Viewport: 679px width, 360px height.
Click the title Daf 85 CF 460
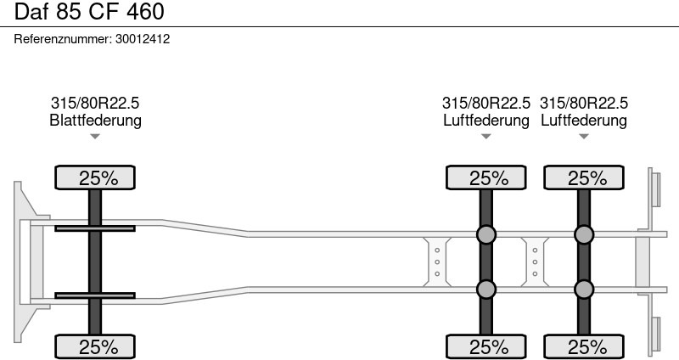pos(89,12)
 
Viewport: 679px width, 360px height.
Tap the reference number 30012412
pos(143,39)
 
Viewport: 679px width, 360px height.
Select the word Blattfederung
pos(95,120)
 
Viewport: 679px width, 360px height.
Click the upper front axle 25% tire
pos(95,177)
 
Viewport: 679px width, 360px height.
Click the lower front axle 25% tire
pos(95,346)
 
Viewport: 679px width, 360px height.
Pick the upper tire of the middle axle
pos(485,177)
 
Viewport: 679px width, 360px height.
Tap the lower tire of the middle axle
pos(485,346)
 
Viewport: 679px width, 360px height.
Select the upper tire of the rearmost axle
pos(584,177)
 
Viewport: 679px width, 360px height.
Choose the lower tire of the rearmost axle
pos(584,346)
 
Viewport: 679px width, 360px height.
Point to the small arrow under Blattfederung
pos(95,137)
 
